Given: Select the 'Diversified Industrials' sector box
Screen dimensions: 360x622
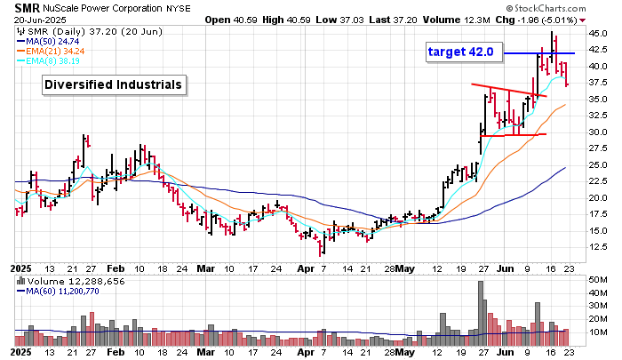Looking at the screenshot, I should (115, 84).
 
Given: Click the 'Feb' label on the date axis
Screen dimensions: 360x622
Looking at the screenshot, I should (116, 267).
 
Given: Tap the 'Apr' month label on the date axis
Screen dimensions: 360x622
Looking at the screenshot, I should (306, 267).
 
